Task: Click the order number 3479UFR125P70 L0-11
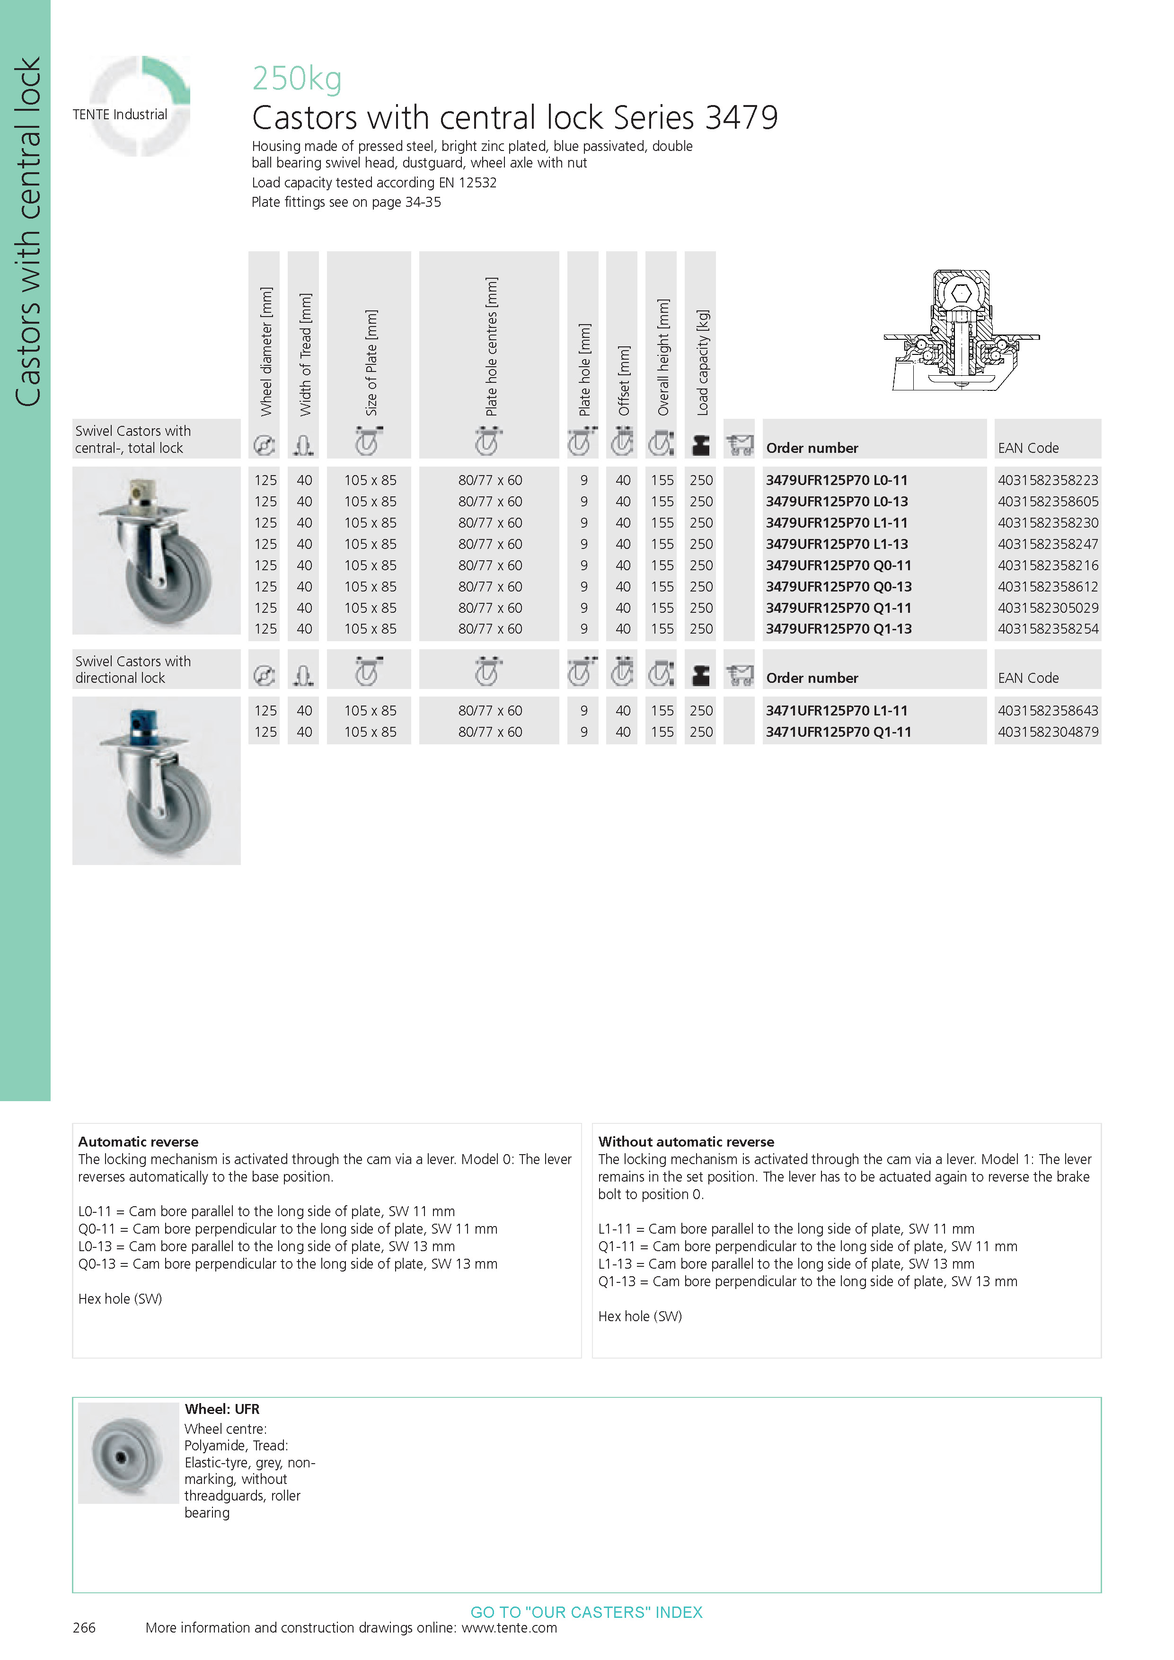click(x=837, y=480)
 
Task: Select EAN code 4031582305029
click(x=1048, y=608)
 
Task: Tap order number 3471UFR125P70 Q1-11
click(x=838, y=732)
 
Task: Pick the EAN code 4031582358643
click(x=1048, y=711)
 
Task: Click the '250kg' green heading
click(x=296, y=78)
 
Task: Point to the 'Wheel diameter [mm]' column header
click(x=266, y=352)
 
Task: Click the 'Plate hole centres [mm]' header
click(x=491, y=346)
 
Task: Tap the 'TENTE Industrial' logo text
click(x=120, y=114)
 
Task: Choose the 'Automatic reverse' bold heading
click(x=138, y=1142)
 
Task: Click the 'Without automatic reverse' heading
click(x=685, y=1142)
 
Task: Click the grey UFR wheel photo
click(x=128, y=1453)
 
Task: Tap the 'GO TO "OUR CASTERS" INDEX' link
click(x=586, y=1612)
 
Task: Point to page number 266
click(x=84, y=1627)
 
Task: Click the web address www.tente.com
click(x=509, y=1627)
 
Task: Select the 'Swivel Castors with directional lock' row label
click(x=133, y=670)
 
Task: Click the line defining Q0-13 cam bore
click(x=288, y=1264)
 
